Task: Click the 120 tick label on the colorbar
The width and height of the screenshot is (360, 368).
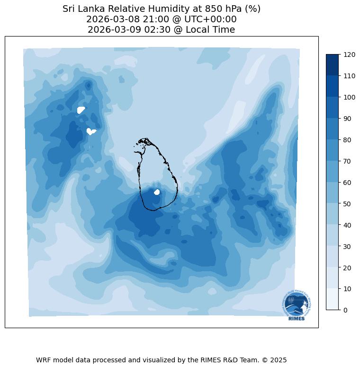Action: click(350, 55)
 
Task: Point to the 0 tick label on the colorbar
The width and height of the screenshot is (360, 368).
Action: click(346, 310)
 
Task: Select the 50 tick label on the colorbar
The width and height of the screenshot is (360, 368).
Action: click(348, 203)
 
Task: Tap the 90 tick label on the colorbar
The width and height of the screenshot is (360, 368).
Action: click(348, 119)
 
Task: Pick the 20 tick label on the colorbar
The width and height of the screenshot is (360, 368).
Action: click(348, 267)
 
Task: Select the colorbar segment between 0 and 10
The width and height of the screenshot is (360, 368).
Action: click(333, 299)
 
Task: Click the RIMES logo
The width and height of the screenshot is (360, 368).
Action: click(297, 305)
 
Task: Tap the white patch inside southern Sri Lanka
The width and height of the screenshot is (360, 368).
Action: click(157, 192)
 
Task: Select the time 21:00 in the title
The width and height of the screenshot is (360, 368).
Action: click(146, 19)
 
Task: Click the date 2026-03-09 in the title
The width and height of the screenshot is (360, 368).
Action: click(110, 30)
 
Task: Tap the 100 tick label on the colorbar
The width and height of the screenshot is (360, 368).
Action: click(350, 97)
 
